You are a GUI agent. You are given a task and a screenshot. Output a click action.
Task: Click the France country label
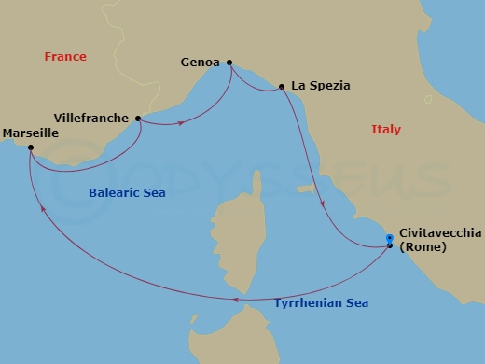coord(64,57)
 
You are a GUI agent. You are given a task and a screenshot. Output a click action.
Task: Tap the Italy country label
coord(385,130)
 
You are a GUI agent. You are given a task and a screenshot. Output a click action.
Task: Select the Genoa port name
coord(199,63)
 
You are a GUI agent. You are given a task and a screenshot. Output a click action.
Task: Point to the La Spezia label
coord(321,85)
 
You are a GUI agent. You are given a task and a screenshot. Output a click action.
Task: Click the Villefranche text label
coord(93,119)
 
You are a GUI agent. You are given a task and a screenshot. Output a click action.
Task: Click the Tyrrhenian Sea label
coord(321,302)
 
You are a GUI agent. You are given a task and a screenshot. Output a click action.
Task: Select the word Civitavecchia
coord(439,233)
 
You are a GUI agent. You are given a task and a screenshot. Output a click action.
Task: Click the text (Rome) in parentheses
coord(422,247)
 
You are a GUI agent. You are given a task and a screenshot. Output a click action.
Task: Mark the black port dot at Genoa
coord(229,63)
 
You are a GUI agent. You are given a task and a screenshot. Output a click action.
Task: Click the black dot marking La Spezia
coord(282,87)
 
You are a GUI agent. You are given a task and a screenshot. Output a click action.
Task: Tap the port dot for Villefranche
coord(138,119)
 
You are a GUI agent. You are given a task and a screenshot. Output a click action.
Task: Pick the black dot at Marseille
coord(31,147)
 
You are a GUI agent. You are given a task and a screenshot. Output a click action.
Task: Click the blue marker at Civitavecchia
coord(390,240)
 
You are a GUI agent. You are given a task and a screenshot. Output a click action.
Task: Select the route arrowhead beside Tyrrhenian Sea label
coord(237,300)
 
